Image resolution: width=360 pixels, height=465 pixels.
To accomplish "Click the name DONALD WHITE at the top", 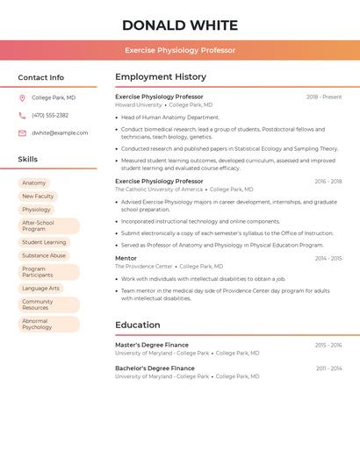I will [180, 25].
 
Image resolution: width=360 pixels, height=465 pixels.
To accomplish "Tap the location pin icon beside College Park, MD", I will [22, 97].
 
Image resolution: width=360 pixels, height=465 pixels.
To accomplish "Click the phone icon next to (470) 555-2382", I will [22, 115].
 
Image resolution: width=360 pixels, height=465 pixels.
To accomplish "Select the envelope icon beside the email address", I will [22, 133].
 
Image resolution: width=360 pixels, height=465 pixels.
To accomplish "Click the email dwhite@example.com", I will [60, 133].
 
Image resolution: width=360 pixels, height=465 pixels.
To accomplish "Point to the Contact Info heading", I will [40, 77].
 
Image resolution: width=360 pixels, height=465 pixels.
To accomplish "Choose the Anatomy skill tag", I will [34, 183].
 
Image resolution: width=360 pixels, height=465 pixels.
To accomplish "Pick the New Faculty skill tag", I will [38, 197].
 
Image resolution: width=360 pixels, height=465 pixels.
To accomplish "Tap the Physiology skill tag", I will [37, 210].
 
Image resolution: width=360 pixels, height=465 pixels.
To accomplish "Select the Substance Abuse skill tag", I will [44, 255].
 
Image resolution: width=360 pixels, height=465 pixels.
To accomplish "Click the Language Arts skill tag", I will [41, 288].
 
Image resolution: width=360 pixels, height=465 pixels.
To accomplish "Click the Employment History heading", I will [161, 76].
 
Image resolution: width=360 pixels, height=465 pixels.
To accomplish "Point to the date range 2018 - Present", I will [324, 97].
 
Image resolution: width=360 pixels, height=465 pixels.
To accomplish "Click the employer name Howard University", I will [139, 105].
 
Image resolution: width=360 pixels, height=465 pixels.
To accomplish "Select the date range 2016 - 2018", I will [328, 182].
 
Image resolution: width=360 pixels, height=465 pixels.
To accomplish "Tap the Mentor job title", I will [126, 258].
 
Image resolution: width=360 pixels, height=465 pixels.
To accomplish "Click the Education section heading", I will [137, 325].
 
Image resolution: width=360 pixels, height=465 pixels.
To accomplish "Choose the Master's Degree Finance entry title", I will [152, 345].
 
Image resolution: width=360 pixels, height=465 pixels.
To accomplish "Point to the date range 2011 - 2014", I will [329, 368].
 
